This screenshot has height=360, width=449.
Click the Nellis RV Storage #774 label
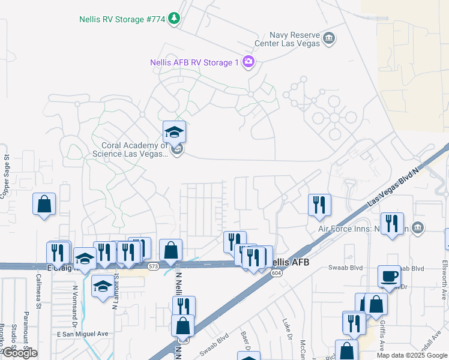[x=122, y=19]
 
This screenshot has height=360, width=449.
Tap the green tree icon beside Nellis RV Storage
[x=174, y=19]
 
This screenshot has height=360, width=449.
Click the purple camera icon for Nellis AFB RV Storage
[x=249, y=62]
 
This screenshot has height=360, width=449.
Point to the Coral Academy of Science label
[x=130, y=149]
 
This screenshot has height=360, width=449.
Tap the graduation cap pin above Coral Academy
[x=174, y=132]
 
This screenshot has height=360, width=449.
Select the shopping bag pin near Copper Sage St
[x=44, y=204]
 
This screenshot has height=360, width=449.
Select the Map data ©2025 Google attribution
[x=412, y=355]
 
